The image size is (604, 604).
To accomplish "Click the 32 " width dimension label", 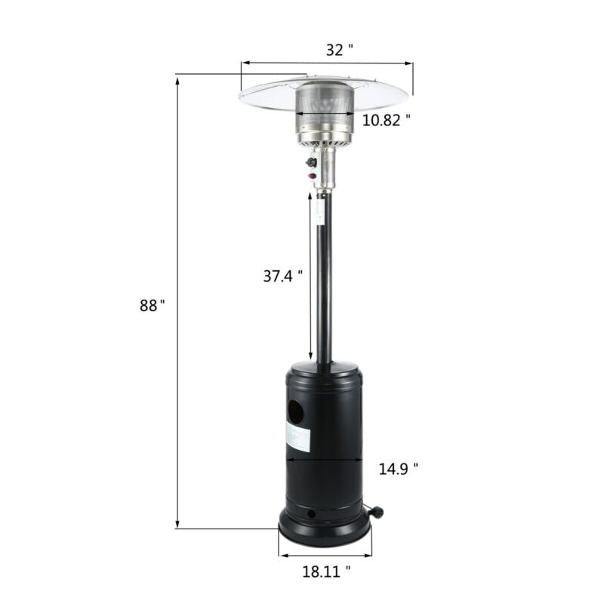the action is tap(339, 50).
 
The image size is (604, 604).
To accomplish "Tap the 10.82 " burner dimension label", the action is tap(386, 120).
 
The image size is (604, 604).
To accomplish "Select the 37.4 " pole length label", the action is tap(282, 276).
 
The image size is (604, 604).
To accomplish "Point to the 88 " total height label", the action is tap(152, 306).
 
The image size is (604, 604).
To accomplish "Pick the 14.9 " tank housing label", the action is tap(399, 469).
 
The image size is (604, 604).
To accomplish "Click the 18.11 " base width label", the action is tap(326, 572).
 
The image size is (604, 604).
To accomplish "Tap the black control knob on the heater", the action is tap(311, 162).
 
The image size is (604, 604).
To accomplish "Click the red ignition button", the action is tap(312, 177).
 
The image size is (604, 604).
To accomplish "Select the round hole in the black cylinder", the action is tap(296, 411).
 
